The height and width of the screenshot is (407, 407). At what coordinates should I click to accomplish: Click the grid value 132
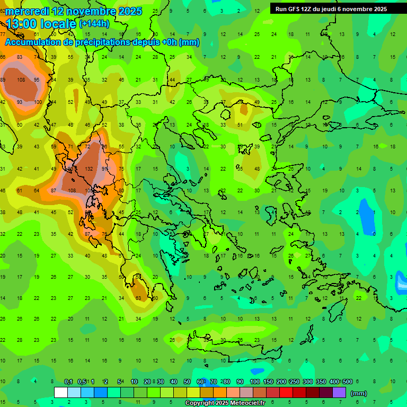pyautogui.click(x=89, y=169)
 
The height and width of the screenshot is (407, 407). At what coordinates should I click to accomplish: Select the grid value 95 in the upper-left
pyautogui.click(x=37, y=80)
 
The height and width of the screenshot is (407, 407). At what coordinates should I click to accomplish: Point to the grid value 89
pyautogui.click(x=3, y=80)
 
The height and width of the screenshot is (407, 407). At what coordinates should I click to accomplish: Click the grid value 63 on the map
pyautogui.click(x=138, y=298)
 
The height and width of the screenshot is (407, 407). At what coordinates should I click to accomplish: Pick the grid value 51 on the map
pyautogui.click(x=240, y=125)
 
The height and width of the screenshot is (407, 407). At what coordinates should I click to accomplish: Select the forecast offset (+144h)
pyautogui.click(x=94, y=24)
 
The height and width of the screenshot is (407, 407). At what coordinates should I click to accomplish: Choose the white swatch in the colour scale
pyautogui.click(x=61, y=393)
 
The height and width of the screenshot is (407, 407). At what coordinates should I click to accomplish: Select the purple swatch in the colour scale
pyautogui.click(x=339, y=393)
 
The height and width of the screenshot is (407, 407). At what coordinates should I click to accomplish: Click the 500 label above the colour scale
pyautogui.click(x=347, y=382)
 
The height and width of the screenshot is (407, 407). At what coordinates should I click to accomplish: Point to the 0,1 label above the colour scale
pyautogui.click(x=68, y=382)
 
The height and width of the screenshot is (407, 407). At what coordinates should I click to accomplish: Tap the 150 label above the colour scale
pyautogui.click(x=268, y=382)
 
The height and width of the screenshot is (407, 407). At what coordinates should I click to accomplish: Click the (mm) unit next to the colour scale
pyautogui.click(x=359, y=393)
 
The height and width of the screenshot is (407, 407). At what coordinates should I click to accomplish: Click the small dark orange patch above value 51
pyautogui.click(x=243, y=109)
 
